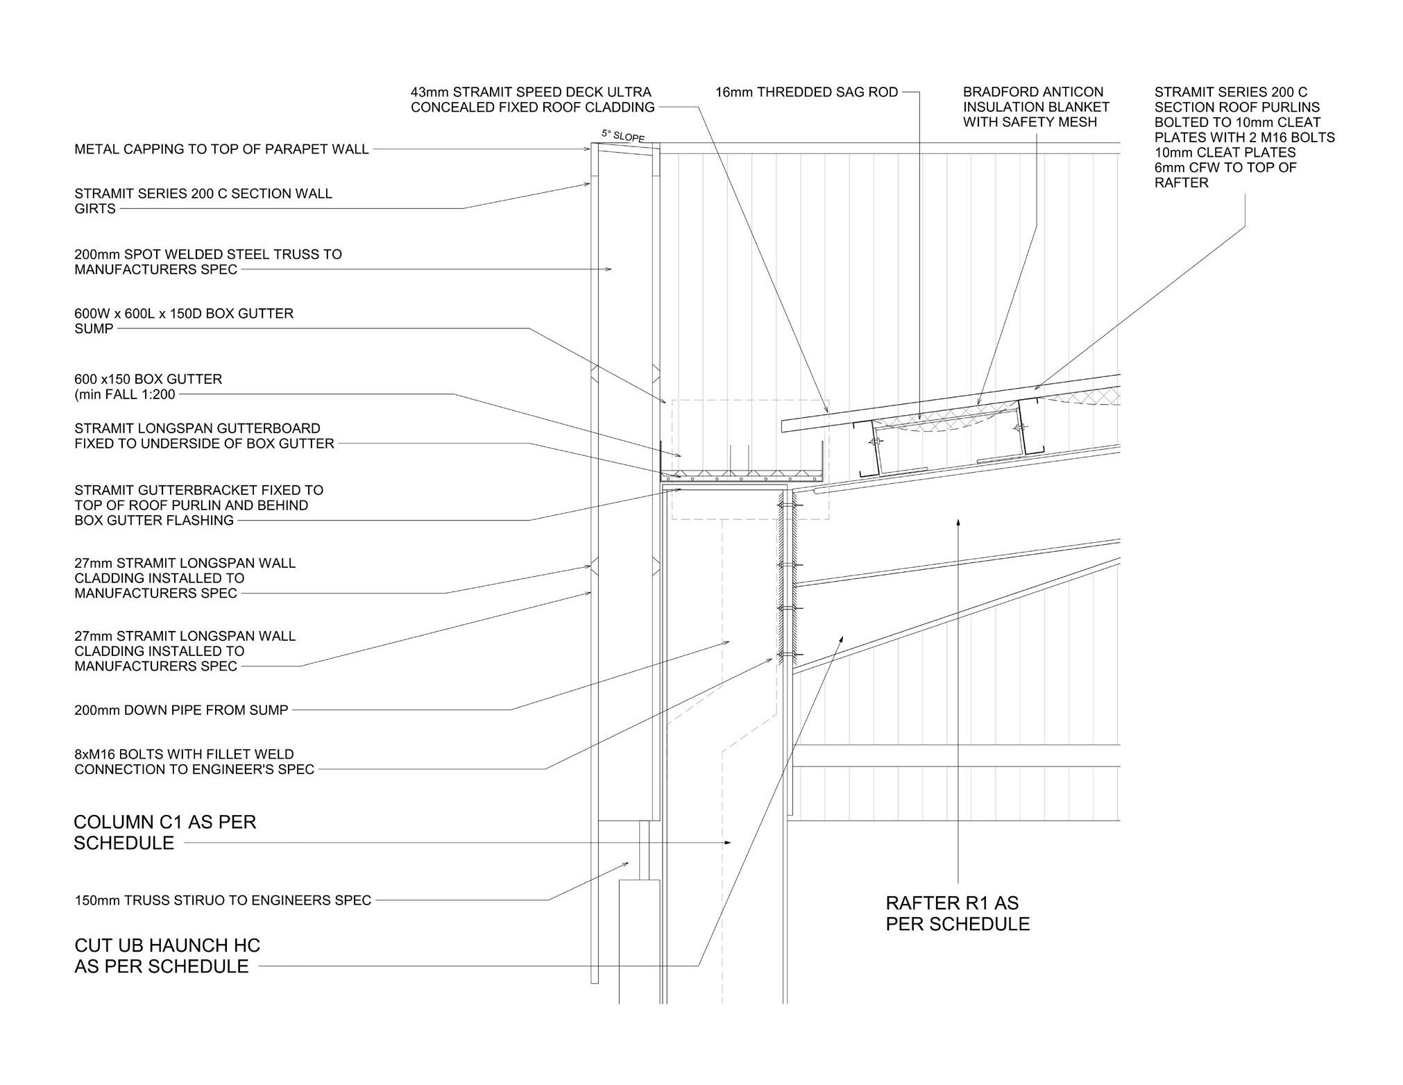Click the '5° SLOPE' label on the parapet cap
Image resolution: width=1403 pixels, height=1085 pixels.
(x=622, y=136)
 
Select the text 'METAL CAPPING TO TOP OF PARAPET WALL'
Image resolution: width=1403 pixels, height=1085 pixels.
(x=221, y=149)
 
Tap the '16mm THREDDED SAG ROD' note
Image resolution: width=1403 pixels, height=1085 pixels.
(x=806, y=92)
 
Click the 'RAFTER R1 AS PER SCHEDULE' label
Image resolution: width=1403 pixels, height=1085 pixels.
(x=957, y=914)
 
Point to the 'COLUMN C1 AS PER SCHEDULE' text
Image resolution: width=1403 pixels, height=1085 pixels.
(x=164, y=832)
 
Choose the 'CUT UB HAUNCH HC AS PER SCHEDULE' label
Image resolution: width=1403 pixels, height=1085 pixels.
(x=167, y=956)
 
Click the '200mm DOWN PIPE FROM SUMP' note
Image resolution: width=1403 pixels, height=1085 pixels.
(x=181, y=710)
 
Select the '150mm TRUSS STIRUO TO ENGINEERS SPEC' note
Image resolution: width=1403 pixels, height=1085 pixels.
(x=223, y=900)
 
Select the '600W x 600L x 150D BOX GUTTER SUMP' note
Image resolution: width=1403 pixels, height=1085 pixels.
(x=184, y=321)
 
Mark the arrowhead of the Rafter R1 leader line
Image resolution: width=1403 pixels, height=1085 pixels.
(x=958, y=521)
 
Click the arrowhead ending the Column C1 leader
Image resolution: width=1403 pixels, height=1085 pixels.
(x=728, y=843)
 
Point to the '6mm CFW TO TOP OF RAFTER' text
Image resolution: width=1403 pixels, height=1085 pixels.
(x=1225, y=175)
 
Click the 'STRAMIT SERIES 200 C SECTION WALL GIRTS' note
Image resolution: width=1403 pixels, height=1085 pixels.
(x=203, y=201)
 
